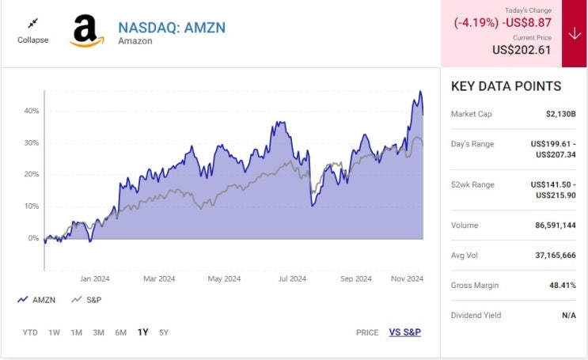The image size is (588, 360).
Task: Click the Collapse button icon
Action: tap(32, 24)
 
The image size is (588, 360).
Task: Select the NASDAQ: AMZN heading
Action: tap(172, 27)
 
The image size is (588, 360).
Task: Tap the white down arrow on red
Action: tap(574, 33)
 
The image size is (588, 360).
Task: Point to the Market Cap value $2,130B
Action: tap(560, 114)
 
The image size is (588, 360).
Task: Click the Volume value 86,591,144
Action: tap(555, 225)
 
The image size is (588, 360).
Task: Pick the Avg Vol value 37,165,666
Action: tap(555, 256)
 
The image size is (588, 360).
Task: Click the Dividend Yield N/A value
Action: tap(568, 315)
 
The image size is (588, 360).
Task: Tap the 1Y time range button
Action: tap(142, 332)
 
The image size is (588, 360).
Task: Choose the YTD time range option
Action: tap(30, 332)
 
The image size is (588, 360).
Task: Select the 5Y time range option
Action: tap(164, 332)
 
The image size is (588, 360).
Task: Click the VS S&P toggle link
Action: tap(404, 332)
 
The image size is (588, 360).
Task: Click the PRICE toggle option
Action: tap(367, 332)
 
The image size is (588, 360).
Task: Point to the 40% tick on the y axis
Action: tap(32, 112)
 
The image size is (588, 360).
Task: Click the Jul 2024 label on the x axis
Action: tap(292, 279)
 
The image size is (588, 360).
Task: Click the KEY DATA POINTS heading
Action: tap(506, 87)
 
